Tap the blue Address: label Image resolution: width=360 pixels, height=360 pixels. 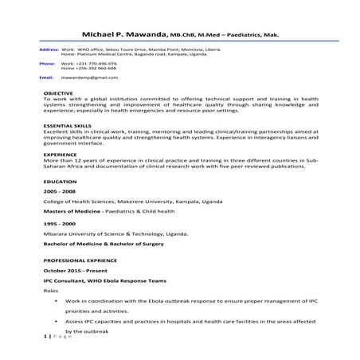coord(48,49)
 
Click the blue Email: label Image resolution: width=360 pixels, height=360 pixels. coord(46,78)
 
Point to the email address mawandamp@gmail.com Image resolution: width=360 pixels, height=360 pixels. coord(85,78)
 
